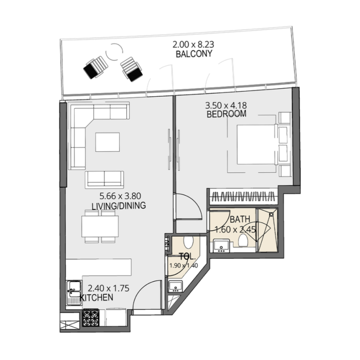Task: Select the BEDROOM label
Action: pos(226,114)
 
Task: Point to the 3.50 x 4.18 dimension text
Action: pos(226,106)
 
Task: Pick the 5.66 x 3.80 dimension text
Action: pos(119,197)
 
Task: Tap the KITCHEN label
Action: pos(96,298)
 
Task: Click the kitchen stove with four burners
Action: pos(90,318)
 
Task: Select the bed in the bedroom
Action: pos(256,144)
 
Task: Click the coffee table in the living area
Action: pos(108,142)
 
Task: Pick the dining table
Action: pos(100,226)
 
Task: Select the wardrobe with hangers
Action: pos(243,197)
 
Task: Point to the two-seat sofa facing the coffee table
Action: pos(104,179)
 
